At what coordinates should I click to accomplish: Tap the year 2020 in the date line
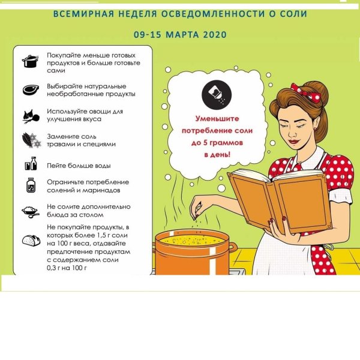point(213,35)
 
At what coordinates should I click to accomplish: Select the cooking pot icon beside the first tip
point(30,61)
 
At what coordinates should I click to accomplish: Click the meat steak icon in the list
point(30,90)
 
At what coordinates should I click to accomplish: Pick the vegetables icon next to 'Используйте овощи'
point(30,115)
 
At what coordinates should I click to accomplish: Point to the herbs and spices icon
point(30,140)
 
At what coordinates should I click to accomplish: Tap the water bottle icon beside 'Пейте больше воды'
point(30,165)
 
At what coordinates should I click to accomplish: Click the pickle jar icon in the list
point(30,186)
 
